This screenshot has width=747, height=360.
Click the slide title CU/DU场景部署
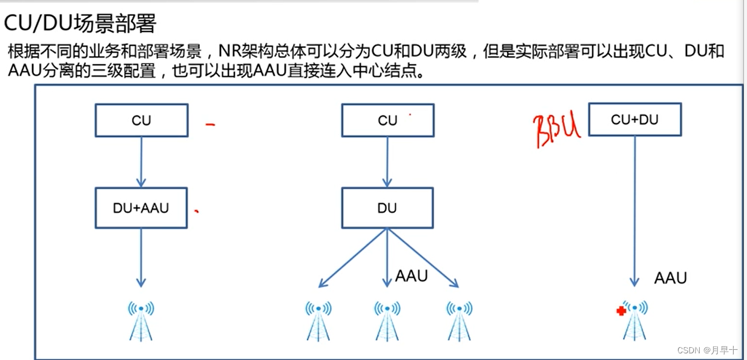point(81,24)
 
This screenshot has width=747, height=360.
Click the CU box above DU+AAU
point(141,120)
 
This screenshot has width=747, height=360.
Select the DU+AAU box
point(141,208)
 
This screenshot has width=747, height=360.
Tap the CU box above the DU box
point(387,120)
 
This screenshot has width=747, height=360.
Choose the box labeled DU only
point(387,208)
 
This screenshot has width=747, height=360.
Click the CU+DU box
point(634,119)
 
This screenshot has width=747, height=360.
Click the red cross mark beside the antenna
point(620,311)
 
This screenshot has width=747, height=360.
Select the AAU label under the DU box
point(412,277)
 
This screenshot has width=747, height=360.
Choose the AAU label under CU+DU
point(671,278)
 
